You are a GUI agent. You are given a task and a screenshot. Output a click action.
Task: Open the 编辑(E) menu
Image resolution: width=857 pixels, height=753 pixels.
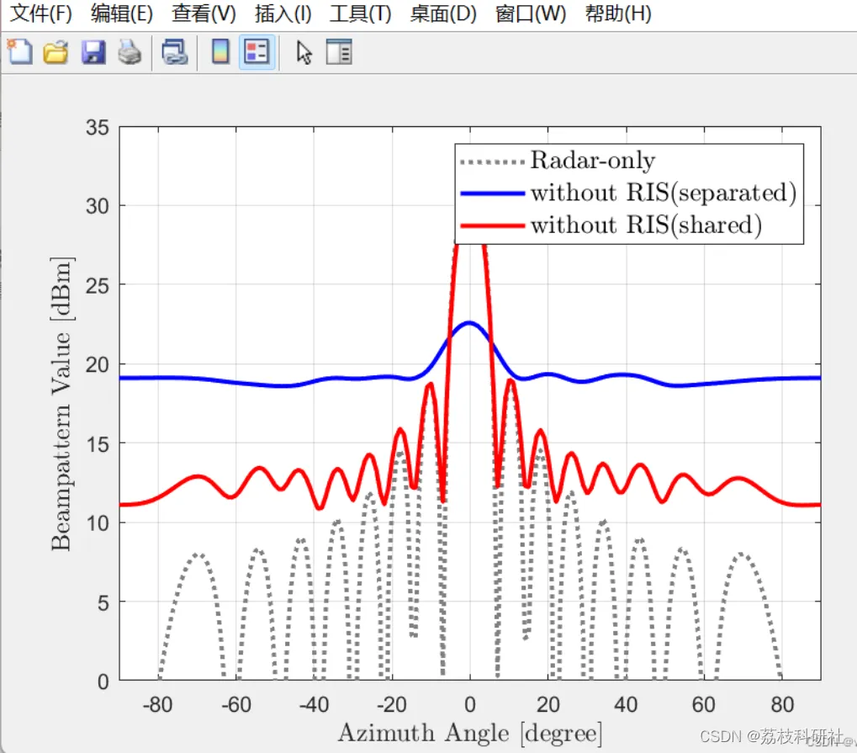coord(121,13)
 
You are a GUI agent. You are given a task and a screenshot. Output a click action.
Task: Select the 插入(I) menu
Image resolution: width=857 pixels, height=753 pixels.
coord(283,13)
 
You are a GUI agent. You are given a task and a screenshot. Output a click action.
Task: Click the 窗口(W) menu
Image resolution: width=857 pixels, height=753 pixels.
coord(531,13)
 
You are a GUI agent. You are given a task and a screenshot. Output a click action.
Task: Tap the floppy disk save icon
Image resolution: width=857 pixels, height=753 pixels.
coord(93,53)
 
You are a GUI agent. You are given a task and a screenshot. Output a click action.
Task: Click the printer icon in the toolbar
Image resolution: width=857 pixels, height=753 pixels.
coord(130,53)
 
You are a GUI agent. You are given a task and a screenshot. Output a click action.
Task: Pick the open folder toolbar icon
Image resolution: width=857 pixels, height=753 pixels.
coord(56,53)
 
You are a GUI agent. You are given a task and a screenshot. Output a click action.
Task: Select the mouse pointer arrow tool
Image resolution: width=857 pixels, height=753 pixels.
coord(304,53)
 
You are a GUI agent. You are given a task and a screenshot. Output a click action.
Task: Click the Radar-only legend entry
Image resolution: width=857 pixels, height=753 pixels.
coord(592,160)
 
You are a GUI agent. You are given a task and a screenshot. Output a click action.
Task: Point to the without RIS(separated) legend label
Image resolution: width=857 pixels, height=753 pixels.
coord(663,193)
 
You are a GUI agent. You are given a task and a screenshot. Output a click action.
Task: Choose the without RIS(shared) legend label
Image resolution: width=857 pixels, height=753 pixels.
coord(646,225)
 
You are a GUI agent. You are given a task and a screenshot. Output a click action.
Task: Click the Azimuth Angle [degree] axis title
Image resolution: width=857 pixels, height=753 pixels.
coord(469,733)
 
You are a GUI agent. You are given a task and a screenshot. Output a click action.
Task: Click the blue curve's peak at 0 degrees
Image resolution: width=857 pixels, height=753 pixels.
coord(469,322)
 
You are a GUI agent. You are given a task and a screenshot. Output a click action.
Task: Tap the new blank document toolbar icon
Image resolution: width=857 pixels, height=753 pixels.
coord(19,53)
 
